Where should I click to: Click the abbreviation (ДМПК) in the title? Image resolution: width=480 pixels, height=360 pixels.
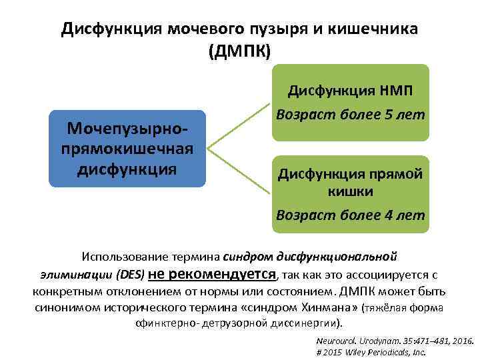(x=240, y=51)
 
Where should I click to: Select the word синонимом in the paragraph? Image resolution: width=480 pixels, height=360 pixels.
(x=66, y=307)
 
